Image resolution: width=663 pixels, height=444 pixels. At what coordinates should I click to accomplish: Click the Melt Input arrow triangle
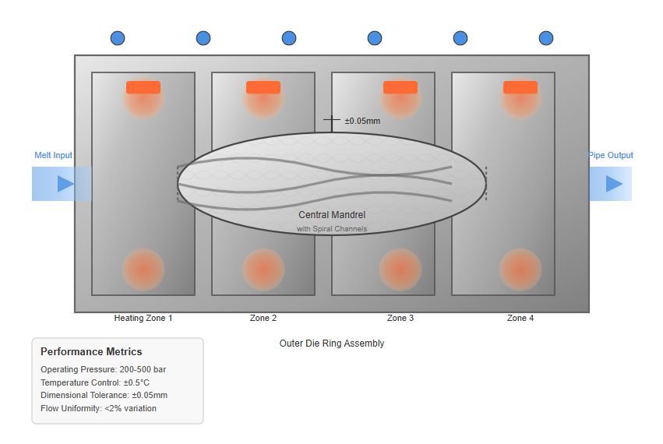point(65,184)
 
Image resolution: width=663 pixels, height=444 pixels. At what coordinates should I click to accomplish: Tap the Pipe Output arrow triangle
point(614,184)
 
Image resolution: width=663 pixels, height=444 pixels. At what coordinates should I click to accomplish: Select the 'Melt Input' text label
point(53,155)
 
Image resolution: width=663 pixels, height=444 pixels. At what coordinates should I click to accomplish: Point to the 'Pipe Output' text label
point(611,155)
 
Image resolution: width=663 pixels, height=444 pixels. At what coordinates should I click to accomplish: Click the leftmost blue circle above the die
point(118,38)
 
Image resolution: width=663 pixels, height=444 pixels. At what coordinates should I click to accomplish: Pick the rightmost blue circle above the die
point(546,38)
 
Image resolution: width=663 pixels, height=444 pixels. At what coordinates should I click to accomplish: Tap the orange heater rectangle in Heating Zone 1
point(143,87)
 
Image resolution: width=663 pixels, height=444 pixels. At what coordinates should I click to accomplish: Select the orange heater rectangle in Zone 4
point(520,87)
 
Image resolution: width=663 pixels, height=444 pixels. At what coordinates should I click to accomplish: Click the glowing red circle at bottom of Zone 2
point(263,270)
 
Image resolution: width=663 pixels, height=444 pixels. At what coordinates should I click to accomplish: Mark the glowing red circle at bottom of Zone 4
point(520,270)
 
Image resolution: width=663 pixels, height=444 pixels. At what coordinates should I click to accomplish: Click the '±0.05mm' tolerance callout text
point(362,121)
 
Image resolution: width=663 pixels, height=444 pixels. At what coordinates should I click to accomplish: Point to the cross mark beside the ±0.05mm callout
point(332,121)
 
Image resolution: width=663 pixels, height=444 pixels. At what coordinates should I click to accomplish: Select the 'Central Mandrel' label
point(332,214)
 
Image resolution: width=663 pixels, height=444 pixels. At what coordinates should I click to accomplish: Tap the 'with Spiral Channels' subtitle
point(332,229)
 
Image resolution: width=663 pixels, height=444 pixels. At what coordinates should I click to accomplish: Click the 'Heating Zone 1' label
point(143,318)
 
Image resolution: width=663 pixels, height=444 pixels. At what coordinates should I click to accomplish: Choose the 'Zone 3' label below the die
point(400,318)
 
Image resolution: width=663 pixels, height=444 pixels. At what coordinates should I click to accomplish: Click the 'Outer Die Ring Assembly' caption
point(332,343)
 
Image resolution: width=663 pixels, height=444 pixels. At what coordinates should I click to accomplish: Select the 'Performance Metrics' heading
point(91,352)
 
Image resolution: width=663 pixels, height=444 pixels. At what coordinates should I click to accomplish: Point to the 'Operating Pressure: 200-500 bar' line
point(103,369)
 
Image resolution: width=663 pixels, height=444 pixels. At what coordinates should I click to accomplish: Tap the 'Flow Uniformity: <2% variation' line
point(98,408)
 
